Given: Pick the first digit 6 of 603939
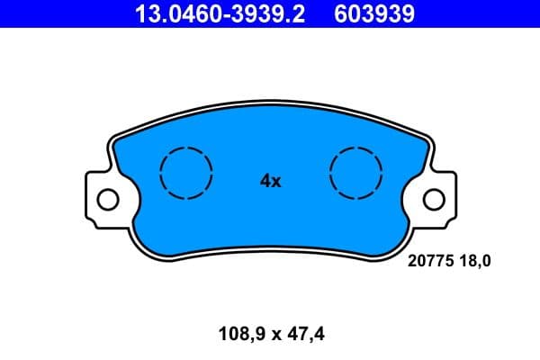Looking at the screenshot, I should (339, 13).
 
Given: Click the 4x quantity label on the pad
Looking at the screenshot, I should (271, 181).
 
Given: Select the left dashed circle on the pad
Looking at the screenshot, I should (185, 172).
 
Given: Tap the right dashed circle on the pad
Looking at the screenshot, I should (356, 172).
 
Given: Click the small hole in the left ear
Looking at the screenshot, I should (108, 198).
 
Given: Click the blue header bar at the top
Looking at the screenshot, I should (486, 13).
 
